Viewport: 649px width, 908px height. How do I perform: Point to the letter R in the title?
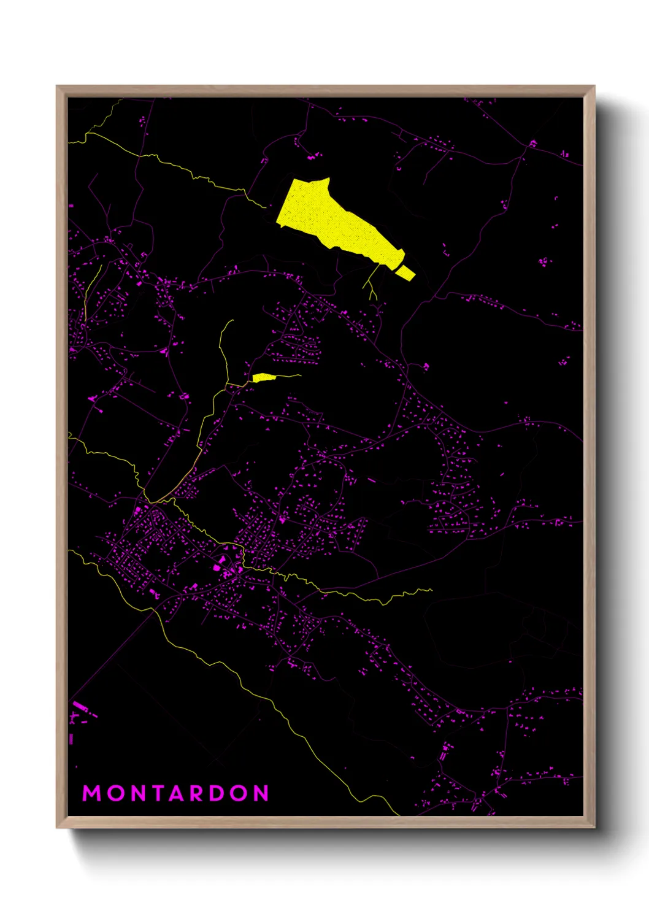[197, 793]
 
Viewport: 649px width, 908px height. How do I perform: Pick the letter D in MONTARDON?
[218, 793]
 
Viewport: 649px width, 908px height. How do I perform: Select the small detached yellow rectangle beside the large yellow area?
[405, 272]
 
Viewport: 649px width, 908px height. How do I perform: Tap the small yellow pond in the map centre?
[263, 377]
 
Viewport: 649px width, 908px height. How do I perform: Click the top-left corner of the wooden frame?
[57, 87]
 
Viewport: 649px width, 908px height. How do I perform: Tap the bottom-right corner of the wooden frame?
[594, 827]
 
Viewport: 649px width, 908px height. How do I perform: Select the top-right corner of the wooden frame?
[594, 87]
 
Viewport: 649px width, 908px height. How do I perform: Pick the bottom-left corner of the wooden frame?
[57, 827]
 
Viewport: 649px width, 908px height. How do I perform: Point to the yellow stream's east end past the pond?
[300, 375]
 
